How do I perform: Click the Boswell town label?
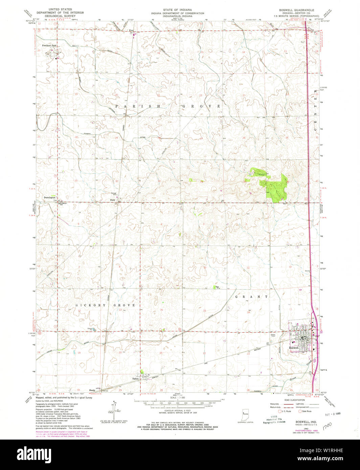[294, 348]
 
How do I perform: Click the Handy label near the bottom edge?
[92, 390]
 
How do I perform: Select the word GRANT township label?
[252, 297]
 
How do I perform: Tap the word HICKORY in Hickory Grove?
[89, 305]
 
